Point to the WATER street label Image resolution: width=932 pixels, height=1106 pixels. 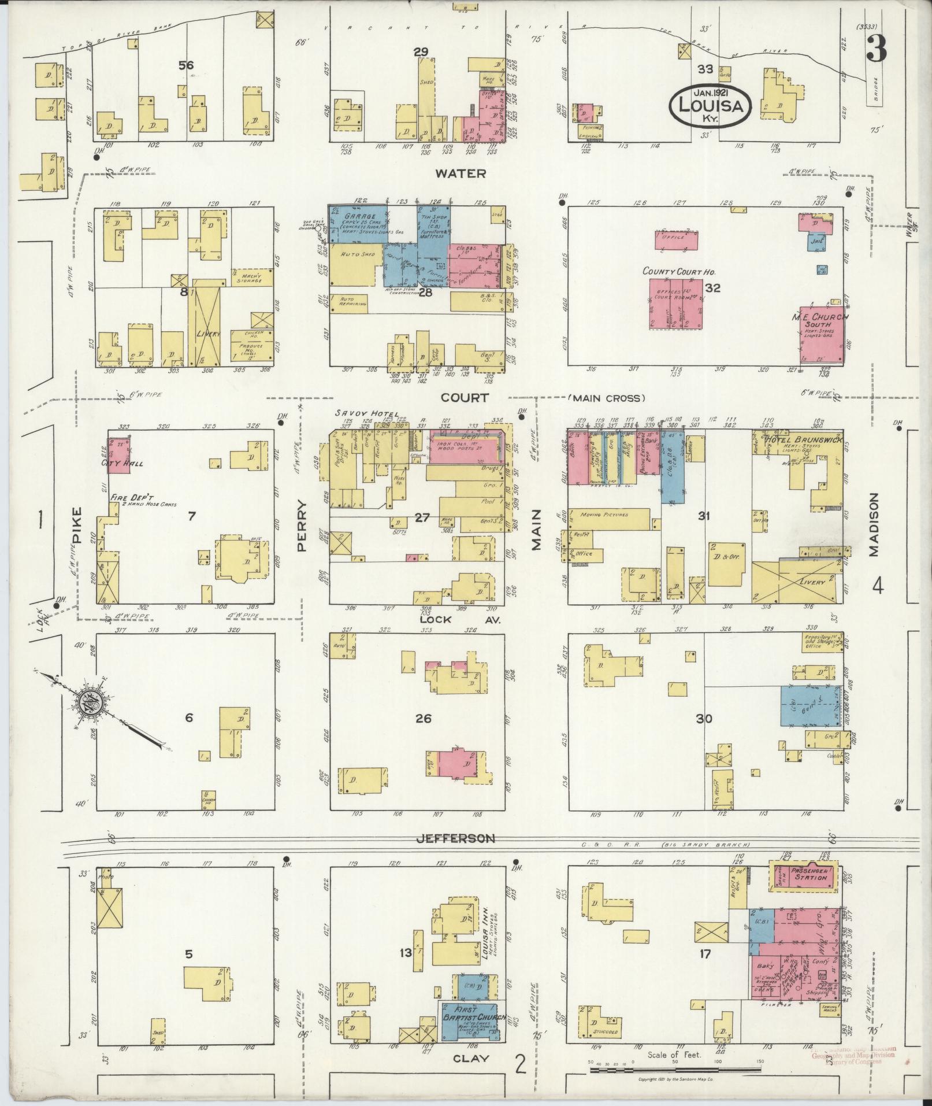461,173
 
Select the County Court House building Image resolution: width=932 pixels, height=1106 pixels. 676,305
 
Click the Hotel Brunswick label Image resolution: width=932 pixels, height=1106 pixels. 800,441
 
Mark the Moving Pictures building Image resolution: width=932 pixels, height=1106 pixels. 608,514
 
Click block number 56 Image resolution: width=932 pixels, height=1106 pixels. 186,65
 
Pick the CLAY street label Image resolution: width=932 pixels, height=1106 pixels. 471,1059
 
